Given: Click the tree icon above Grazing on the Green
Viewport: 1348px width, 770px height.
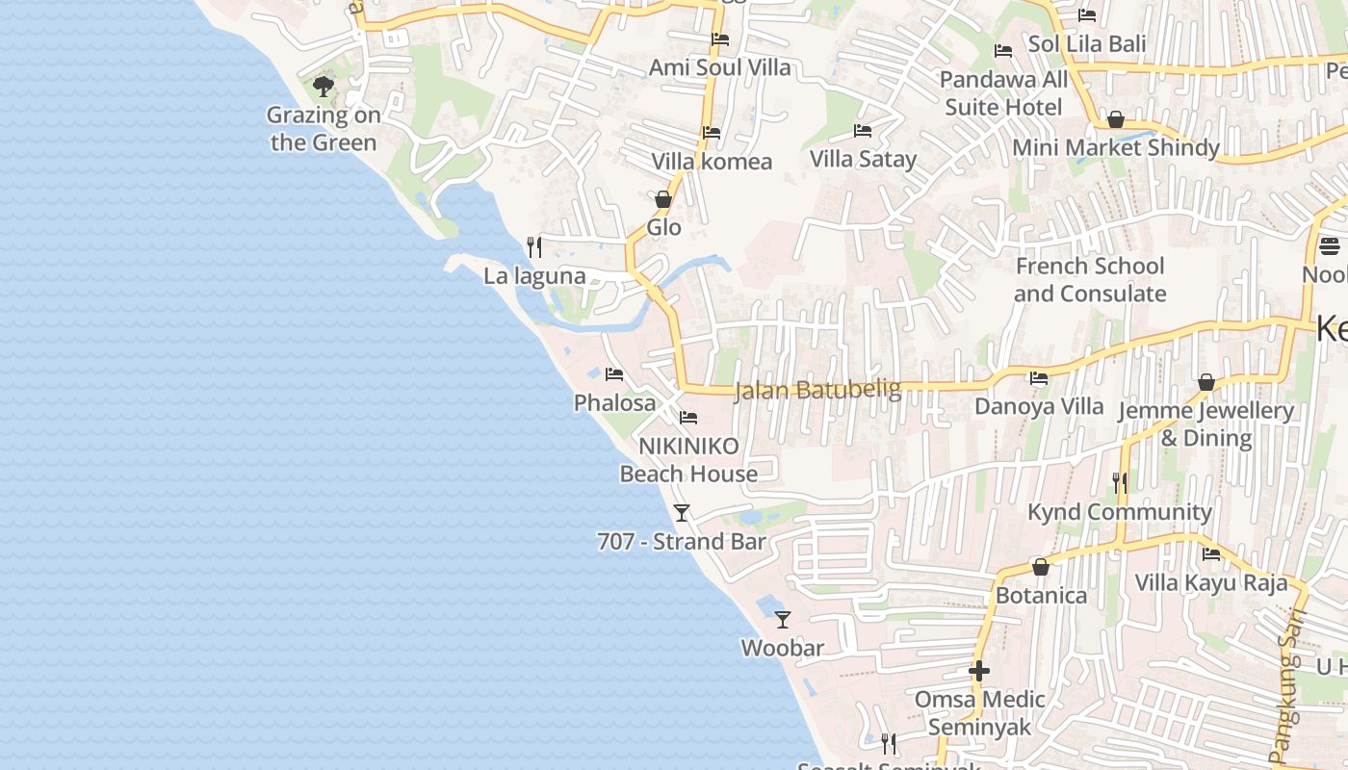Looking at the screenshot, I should click(324, 87).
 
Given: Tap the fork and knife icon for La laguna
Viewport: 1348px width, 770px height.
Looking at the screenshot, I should click(534, 247).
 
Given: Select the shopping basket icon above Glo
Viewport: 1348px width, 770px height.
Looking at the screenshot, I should click(663, 199).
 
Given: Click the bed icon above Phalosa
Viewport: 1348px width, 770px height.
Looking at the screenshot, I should click(614, 373).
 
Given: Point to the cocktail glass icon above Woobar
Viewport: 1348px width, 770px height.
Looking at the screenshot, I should click(783, 619).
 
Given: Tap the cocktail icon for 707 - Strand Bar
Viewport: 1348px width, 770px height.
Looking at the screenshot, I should click(682, 512).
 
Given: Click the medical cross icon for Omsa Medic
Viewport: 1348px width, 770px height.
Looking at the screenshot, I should click(979, 671).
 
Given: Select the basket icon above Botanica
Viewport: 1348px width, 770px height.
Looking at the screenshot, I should click(1040, 567).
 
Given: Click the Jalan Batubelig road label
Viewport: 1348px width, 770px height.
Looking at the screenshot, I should click(817, 390).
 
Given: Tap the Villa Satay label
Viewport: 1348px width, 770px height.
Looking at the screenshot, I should click(863, 159).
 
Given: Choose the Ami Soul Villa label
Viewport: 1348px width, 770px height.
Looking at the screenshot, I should click(719, 67).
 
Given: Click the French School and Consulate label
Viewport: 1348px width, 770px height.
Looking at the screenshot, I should click(1090, 279).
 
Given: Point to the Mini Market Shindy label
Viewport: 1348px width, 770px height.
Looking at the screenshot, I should click(1116, 148).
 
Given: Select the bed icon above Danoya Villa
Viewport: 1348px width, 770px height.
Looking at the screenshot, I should click(1039, 378).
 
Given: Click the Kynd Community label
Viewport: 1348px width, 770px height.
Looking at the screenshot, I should click(1120, 512).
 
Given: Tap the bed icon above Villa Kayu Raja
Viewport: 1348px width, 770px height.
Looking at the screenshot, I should click(1211, 553).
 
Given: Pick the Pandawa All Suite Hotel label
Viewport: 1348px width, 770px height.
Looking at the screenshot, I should click(1003, 92).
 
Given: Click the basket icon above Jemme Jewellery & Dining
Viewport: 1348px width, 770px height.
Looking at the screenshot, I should click(1205, 383).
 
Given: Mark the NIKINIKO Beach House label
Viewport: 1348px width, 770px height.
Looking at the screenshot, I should click(688, 460).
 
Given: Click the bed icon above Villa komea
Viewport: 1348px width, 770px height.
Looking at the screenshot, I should click(712, 133).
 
